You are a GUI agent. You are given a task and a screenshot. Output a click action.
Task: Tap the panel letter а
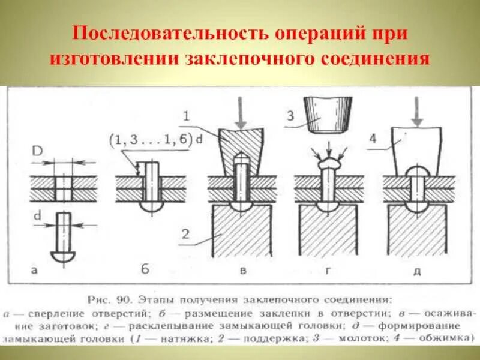click(x=34, y=271)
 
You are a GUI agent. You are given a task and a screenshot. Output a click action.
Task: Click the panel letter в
click(x=243, y=271)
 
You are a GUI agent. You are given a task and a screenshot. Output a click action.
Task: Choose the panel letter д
click(x=416, y=271)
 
